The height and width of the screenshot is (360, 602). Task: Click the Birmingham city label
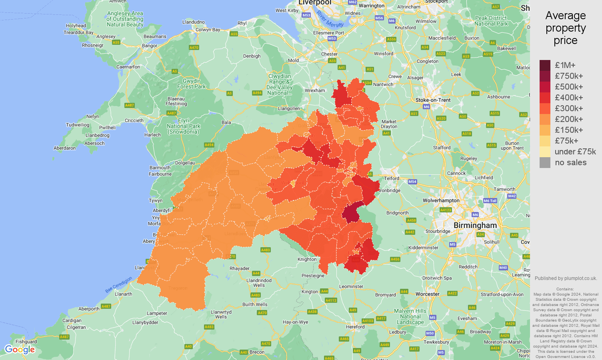(x=475, y=226)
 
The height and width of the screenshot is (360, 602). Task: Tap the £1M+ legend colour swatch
(x=545, y=65)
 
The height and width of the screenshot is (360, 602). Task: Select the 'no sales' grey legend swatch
(x=545, y=162)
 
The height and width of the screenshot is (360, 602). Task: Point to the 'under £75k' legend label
(x=575, y=152)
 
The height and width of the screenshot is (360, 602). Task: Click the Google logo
(x=20, y=350)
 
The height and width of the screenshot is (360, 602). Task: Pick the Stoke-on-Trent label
(x=433, y=100)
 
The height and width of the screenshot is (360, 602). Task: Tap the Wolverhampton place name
(x=441, y=200)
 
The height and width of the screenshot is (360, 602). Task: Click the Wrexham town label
(x=315, y=90)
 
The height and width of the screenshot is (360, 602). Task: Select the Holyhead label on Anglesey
(x=76, y=26)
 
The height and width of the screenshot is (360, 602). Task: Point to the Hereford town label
(x=355, y=327)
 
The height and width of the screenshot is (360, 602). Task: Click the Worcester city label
(x=427, y=294)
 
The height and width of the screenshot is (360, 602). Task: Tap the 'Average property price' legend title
(x=566, y=28)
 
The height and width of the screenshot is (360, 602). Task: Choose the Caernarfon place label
(x=128, y=67)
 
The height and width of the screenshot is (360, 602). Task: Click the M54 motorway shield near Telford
(x=412, y=182)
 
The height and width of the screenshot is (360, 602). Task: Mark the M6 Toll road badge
(x=490, y=201)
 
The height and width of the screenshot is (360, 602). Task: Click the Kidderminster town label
(x=423, y=248)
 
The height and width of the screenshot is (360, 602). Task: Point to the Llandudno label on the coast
(x=193, y=22)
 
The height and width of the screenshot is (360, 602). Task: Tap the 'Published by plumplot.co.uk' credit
(x=566, y=278)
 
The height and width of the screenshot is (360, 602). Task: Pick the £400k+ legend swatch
(x=545, y=98)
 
